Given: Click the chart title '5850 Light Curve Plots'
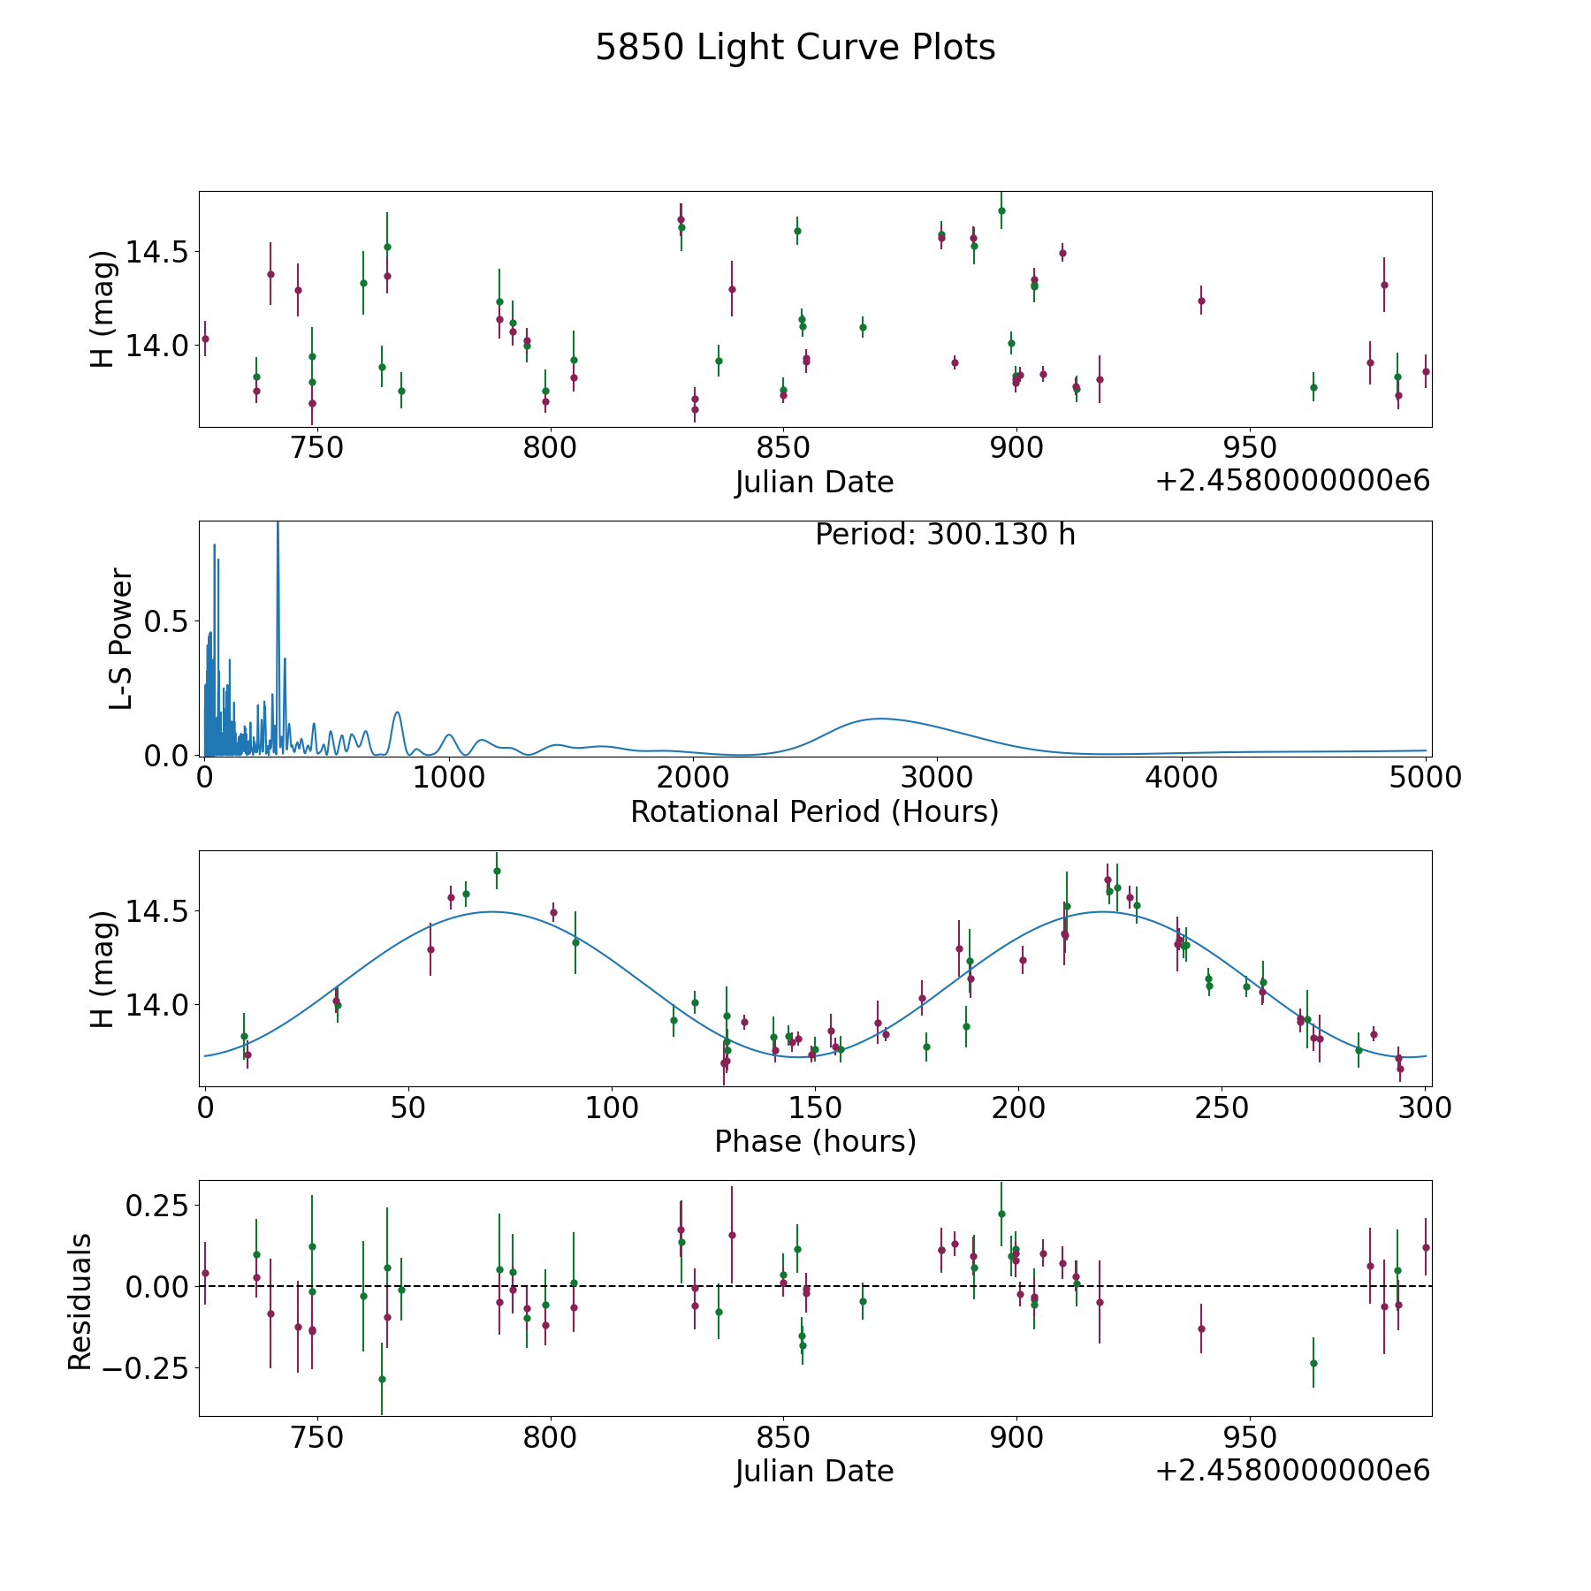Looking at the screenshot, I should tap(795, 48).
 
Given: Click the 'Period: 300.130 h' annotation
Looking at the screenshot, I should tap(945, 535).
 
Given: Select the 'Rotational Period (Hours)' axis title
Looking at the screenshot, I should tap(814, 811).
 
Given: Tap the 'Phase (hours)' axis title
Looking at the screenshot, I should tap(815, 1141).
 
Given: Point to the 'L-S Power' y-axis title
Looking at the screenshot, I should tap(121, 639).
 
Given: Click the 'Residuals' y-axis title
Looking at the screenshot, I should tap(80, 1302).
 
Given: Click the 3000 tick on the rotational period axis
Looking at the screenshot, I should tap(937, 777).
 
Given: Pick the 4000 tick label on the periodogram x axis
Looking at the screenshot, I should tap(1181, 777).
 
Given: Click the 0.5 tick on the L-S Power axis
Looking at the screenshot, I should tap(166, 622).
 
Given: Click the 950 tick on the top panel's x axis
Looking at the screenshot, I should tap(1250, 447).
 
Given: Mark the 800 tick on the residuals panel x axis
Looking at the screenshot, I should tap(550, 1436).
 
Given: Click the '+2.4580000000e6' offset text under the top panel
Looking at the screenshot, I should tap(1292, 481).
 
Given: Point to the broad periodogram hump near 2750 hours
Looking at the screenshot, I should tap(879, 719).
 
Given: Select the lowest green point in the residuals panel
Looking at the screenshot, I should tap(382, 1379).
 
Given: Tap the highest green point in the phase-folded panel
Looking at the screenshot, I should tap(497, 871).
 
